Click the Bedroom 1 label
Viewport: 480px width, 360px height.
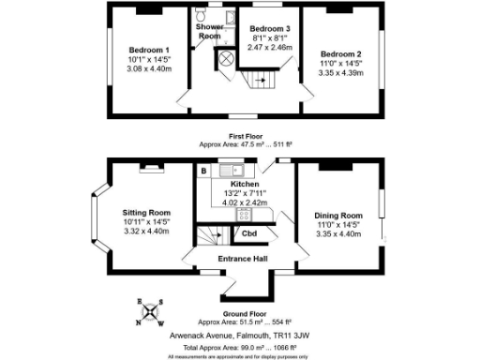coord(149,50)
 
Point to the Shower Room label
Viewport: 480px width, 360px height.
coord(209,31)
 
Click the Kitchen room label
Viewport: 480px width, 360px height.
coord(231,184)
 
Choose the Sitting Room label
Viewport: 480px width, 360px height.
coord(146,213)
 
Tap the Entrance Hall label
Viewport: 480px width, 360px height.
coord(244,259)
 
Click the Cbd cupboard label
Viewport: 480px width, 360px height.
coord(249,233)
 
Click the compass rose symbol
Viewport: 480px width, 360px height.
coord(152,313)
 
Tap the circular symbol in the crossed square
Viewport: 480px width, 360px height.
coord(227,57)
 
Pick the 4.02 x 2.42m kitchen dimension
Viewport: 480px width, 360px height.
coord(231,202)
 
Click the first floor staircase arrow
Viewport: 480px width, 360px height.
coord(265,82)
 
